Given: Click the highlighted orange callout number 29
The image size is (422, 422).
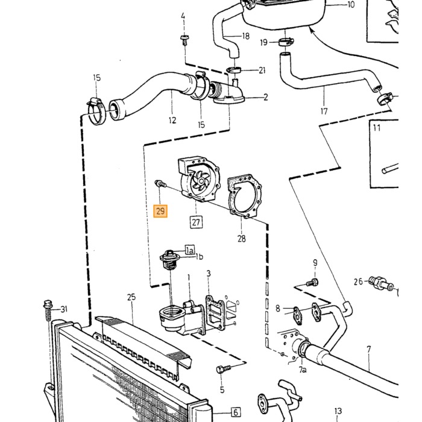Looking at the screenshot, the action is coord(160,211).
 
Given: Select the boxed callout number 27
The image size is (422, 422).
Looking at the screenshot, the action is coord(196,222).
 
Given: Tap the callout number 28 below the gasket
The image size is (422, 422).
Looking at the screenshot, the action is coord(241,239).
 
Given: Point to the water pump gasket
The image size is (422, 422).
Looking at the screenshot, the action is coord(245,196).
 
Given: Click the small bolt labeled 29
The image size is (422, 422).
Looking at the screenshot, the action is coord(161,184).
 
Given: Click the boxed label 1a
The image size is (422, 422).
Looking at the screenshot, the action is coord(189,250).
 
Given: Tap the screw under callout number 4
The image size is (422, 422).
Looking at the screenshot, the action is coord(184,40).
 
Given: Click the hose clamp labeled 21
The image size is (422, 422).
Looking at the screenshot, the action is coord(233,70).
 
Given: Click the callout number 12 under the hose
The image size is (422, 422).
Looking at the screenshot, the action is coord(172,120).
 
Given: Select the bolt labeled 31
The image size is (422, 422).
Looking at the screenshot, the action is coord(48,310).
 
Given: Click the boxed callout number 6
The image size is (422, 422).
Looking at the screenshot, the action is coord(236,412).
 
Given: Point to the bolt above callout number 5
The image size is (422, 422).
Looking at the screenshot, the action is coord(224,368).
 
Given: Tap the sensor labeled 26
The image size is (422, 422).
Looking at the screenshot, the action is coord(381,284).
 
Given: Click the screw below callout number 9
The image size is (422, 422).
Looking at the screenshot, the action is coord(312,283).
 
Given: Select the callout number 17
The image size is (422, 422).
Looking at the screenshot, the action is coord(324,111).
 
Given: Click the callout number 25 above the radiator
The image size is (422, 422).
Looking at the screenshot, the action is coord(131,297).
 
